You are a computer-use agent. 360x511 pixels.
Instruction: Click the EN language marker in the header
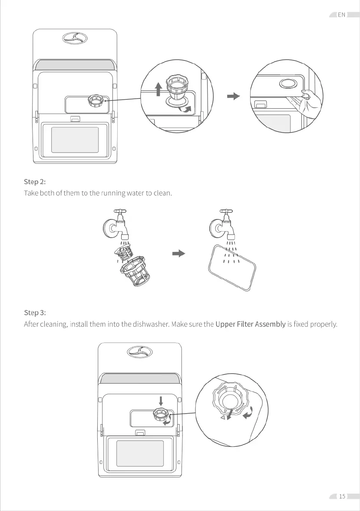341,15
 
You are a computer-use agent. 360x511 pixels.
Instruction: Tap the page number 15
342,496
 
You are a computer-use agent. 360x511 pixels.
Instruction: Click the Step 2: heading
34,181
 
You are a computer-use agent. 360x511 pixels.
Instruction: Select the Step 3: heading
34,312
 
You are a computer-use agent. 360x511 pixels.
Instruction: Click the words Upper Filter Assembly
250,324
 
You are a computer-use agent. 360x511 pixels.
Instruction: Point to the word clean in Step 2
162,193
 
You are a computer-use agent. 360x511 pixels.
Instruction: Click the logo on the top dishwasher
75,38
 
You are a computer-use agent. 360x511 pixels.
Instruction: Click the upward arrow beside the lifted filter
159,89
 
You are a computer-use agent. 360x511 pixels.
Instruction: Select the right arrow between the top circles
234,96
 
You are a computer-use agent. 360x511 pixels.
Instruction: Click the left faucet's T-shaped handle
120,212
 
